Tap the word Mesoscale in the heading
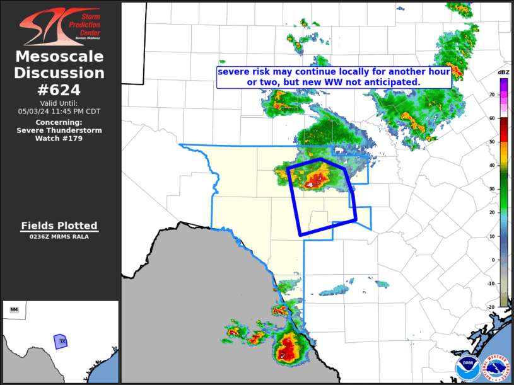59,57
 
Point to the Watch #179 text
59,138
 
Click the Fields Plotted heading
59,226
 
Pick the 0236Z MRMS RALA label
59,237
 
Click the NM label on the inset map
14,309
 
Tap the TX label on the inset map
62,341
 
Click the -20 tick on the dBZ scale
492,307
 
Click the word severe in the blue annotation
233,72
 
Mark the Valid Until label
59,103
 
